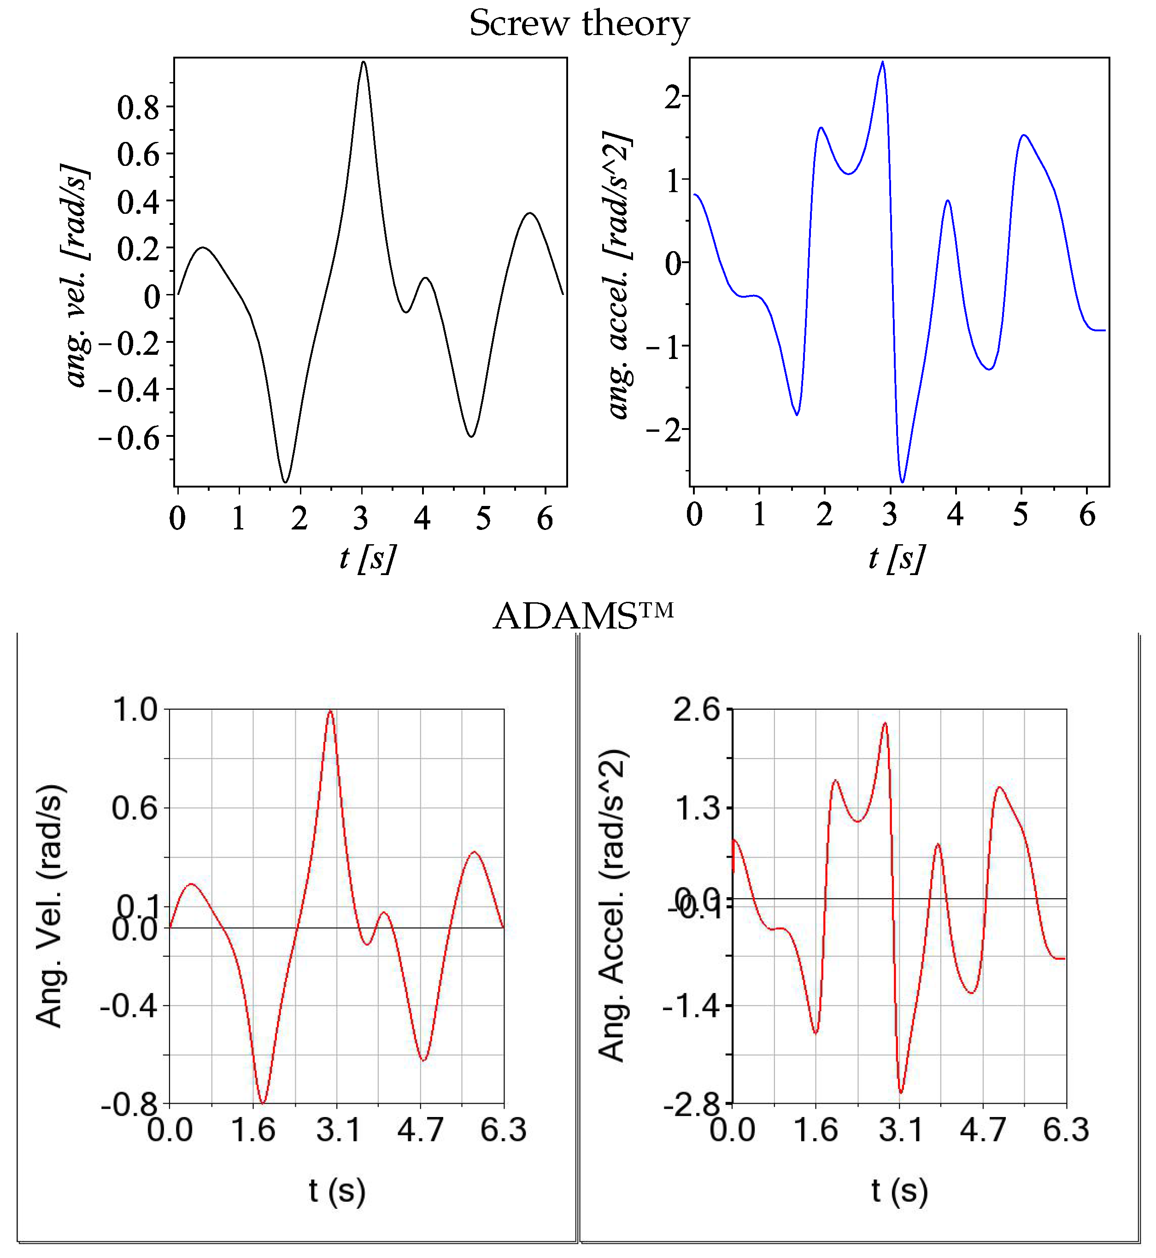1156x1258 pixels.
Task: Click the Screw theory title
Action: (579, 24)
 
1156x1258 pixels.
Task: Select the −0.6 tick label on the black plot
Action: (129, 437)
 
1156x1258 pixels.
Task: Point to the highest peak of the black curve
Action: (364, 62)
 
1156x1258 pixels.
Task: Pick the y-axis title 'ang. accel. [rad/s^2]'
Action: (619, 275)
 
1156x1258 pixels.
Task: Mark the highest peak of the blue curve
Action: (883, 62)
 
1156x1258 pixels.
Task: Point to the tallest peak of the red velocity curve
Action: (330, 711)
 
